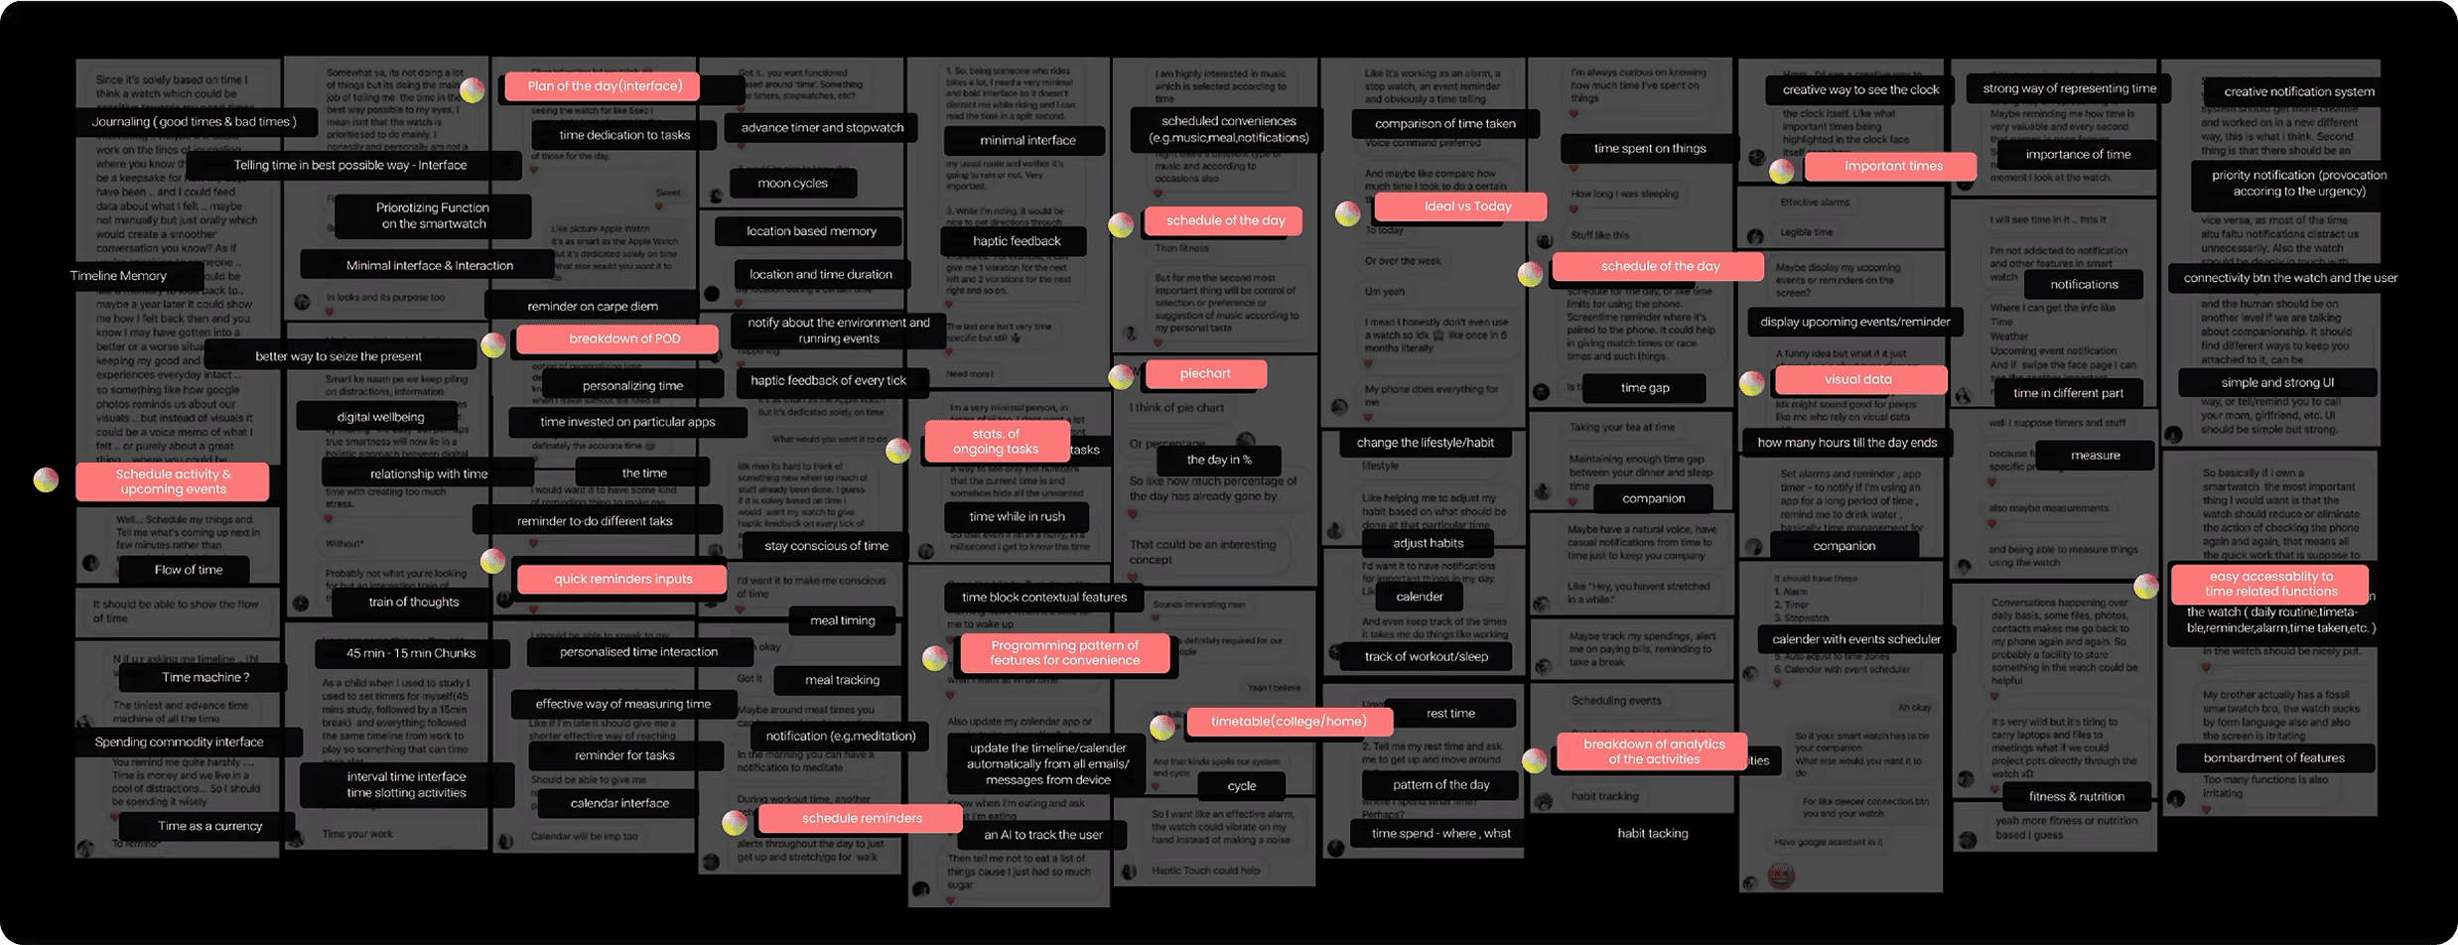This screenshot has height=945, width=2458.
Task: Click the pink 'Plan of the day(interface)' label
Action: (603, 86)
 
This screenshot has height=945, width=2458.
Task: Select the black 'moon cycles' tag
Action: (792, 183)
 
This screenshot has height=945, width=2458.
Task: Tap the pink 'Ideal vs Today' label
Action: (1460, 206)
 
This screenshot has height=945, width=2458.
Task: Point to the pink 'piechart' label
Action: (1205, 373)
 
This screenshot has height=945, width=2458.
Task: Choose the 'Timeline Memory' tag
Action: (118, 276)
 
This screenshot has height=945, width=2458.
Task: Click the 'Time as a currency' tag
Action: (209, 826)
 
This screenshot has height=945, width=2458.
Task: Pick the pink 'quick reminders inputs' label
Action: (622, 579)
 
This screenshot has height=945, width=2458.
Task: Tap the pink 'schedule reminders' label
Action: (861, 818)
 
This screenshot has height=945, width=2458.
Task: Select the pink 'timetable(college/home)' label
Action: (1289, 722)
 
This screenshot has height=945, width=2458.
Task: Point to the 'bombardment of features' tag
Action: (2273, 757)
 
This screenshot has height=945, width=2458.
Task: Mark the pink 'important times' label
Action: (1892, 166)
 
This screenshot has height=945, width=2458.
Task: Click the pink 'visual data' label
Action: (1857, 379)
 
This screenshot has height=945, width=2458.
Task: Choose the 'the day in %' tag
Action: (1218, 460)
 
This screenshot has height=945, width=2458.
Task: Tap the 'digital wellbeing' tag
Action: (380, 417)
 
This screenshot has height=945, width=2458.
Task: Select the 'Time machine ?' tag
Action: (205, 677)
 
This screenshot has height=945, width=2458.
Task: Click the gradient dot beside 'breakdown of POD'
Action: (493, 345)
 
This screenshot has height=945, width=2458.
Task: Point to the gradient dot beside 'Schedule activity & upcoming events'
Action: (46, 480)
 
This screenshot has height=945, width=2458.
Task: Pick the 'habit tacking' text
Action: (1652, 833)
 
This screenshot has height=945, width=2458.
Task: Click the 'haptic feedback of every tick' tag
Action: (828, 380)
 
